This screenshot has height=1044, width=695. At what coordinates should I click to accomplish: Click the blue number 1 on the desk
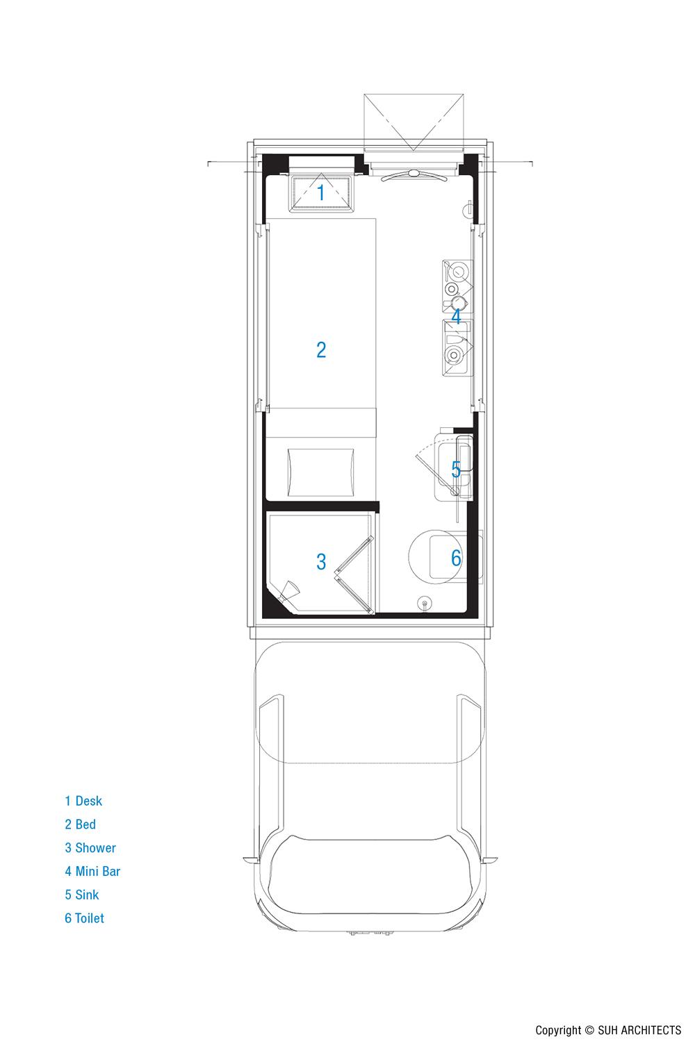(321, 192)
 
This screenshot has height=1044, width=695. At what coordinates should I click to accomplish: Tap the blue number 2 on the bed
(321, 349)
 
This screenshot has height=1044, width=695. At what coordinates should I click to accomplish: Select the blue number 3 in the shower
(321, 561)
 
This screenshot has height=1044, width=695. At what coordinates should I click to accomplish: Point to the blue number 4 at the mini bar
(456, 317)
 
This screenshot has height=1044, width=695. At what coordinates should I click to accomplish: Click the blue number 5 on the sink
(456, 470)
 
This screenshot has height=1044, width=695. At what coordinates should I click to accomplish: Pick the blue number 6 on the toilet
(456, 558)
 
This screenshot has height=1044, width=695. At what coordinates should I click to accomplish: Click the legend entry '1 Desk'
(83, 801)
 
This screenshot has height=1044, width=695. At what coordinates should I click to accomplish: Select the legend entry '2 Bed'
(80, 824)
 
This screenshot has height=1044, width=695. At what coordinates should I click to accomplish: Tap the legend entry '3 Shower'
(90, 847)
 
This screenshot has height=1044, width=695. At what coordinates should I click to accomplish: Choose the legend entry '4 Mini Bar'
(92, 871)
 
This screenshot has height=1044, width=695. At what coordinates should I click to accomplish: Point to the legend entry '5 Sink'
(81, 895)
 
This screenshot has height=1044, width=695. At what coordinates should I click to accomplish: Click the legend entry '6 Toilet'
(84, 918)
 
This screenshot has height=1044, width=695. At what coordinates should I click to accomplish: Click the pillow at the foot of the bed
(321, 472)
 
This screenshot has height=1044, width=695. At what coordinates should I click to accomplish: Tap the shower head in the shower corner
(288, 591)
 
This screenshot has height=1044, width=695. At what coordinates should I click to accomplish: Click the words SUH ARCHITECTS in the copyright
(639, 1029)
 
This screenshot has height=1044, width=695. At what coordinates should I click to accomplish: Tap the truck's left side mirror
(250, 859)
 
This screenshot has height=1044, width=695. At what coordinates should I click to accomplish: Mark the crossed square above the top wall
(414, 122)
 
